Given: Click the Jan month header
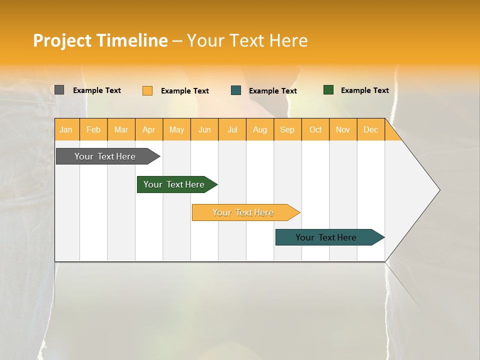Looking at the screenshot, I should tap(66, 130).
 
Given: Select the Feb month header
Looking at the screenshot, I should tap(93, 130).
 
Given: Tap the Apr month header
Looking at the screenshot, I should tap(148, 130).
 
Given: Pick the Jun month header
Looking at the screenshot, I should tap(204, 130).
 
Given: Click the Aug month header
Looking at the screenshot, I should tap(260, 130).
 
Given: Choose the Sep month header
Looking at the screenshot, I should tap(287, 130).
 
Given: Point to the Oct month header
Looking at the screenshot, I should tap(315, 130).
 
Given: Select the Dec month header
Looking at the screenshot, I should tap(370, 130).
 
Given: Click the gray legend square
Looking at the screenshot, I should tap(59, 90).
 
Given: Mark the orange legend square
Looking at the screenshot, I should tap(147, 90).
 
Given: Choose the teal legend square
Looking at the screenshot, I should tap(236, 90).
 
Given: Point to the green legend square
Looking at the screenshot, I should tap(328, 90).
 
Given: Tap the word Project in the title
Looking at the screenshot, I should tap(62, 40).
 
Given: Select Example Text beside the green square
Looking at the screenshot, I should tap(364, 90).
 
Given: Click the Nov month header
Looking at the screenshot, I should tap(343, 130).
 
